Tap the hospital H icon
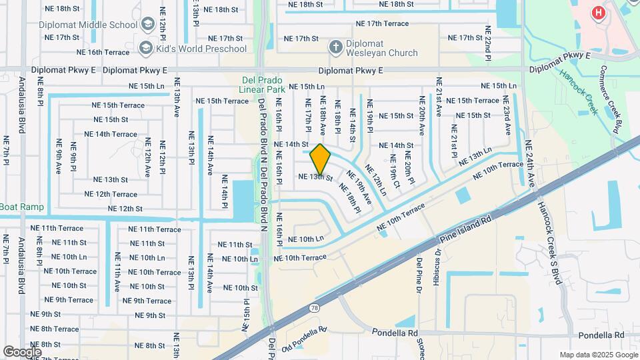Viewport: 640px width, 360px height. [598, 12]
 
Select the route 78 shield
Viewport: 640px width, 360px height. [313, 308]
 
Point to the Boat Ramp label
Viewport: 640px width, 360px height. [22, 207]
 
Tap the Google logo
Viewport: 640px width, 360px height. [22, 351]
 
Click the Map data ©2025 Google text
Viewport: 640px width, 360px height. [598, 355]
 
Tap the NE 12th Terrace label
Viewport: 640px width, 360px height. [111, 194]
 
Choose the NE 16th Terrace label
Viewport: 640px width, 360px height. [103, 52]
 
